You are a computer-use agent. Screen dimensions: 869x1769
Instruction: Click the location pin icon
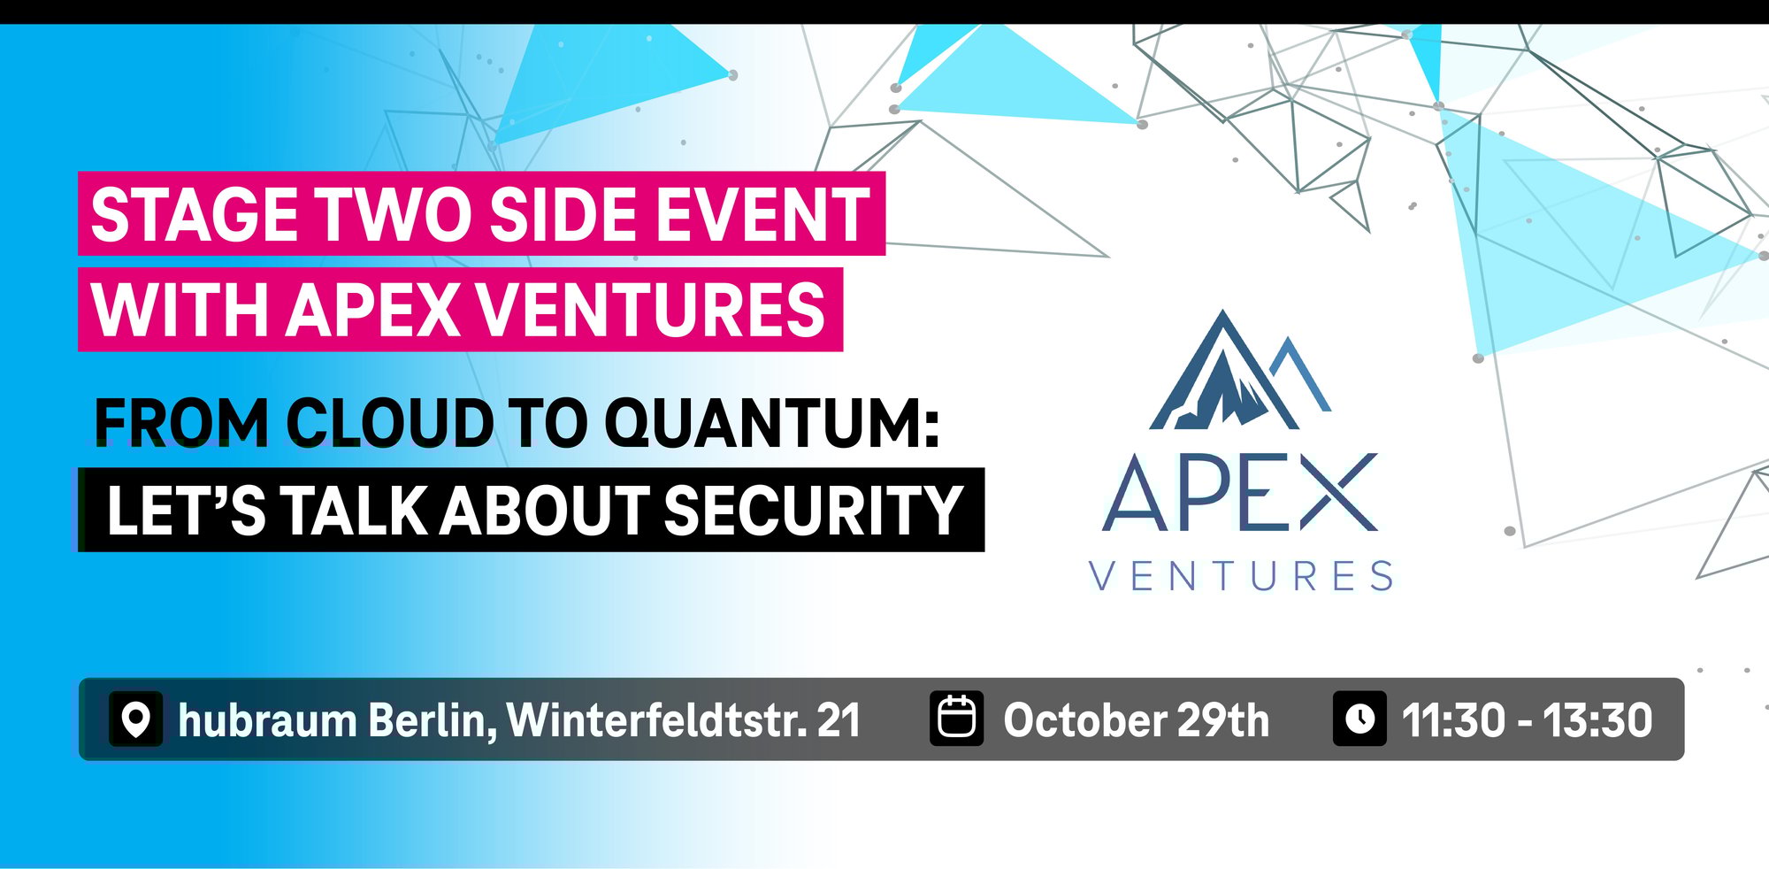pos(135,719)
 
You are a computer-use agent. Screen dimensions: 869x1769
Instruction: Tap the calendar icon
pos(956,719)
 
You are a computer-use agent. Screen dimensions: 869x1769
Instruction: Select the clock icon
pos(1359,719)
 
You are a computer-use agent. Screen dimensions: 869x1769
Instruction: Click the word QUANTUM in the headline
pos(770,423)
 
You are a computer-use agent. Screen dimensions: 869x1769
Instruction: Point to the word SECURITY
pos(813,511)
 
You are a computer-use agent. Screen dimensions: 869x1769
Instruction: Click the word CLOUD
pos(389,423)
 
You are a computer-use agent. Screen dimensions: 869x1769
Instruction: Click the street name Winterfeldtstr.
pos(656,720)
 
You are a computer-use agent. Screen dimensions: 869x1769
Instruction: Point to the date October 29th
pos(1136,720)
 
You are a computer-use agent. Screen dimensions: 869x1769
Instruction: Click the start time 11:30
pos(1452,720)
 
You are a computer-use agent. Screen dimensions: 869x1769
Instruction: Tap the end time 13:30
pos(1597,720)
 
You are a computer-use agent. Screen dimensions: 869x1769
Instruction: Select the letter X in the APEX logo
pos(1337,492)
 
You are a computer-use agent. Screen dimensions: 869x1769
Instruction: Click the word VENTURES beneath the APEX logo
pos(1241,577)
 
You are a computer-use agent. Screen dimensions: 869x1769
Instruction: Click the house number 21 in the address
pos(838,720)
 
